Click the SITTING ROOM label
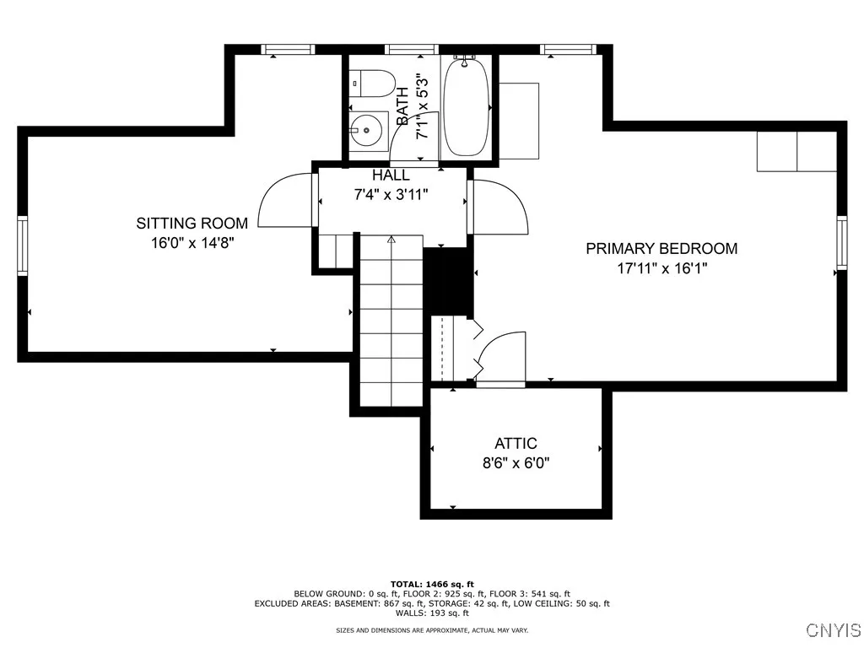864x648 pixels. coord(192,224)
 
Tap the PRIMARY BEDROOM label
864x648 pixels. coord(661,248)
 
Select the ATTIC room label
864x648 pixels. coord(516,444)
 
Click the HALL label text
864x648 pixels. coord(391,175)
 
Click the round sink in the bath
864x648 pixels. coord(366,132)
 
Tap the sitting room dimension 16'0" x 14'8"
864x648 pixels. coord(192,243)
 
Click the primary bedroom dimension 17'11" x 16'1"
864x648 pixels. coord(661,268)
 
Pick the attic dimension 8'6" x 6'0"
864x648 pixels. coord(516,463)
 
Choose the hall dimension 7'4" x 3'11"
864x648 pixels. coord(391,194)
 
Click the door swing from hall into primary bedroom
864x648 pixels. coord(499,207)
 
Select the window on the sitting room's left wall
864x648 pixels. coord(23,245)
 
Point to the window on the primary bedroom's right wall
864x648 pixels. coord(841,242)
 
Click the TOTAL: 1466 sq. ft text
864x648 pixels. coord(432,584)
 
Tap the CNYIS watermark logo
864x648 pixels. coord(833,630)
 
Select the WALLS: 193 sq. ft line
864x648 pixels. coord(432,613)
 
